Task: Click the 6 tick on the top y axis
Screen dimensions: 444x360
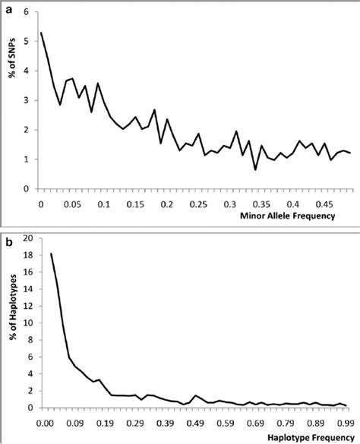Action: point(27,12)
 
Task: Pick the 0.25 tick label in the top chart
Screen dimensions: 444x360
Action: point(200,204)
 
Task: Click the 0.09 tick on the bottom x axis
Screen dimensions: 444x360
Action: point(75,423)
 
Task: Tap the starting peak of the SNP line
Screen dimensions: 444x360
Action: point(41,33)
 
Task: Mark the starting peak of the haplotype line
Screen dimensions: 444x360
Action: point(51,253)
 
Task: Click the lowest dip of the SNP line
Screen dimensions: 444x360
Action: point(255,169)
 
